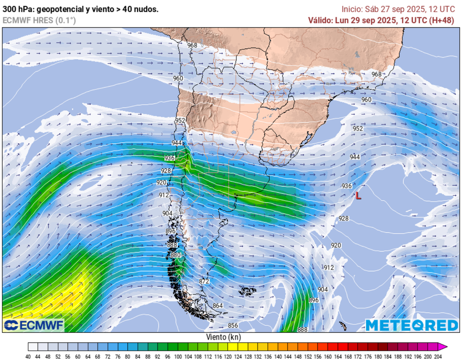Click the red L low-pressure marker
[x=358, y=196]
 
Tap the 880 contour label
[x=176, y=255]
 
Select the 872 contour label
[x=204, y=281]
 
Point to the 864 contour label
[x=218, y=306]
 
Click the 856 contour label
[x=233, y=325]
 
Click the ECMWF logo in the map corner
[x=34, y=325]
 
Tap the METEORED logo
[x=411, y=325]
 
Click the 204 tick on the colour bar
[x=437, y=356]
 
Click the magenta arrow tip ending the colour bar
[x=444, y=346]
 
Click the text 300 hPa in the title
[x=15, y=9]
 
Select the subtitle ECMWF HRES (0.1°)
[x=39, y=20]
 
